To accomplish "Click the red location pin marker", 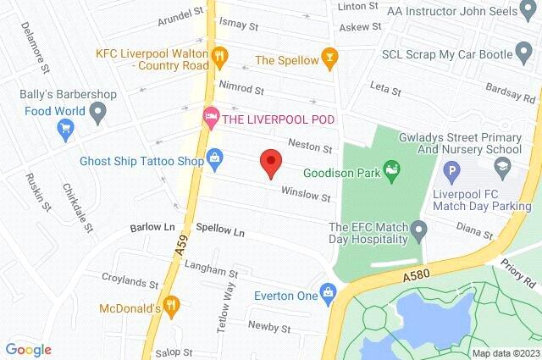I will click(270, 161).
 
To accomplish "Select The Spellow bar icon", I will click(331, 59).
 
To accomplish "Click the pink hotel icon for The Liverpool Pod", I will click(209, 115).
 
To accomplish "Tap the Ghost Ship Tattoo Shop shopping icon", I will click(216, 158).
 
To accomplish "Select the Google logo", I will click(28, 349).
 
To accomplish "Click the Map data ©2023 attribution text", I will click(505, 353).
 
